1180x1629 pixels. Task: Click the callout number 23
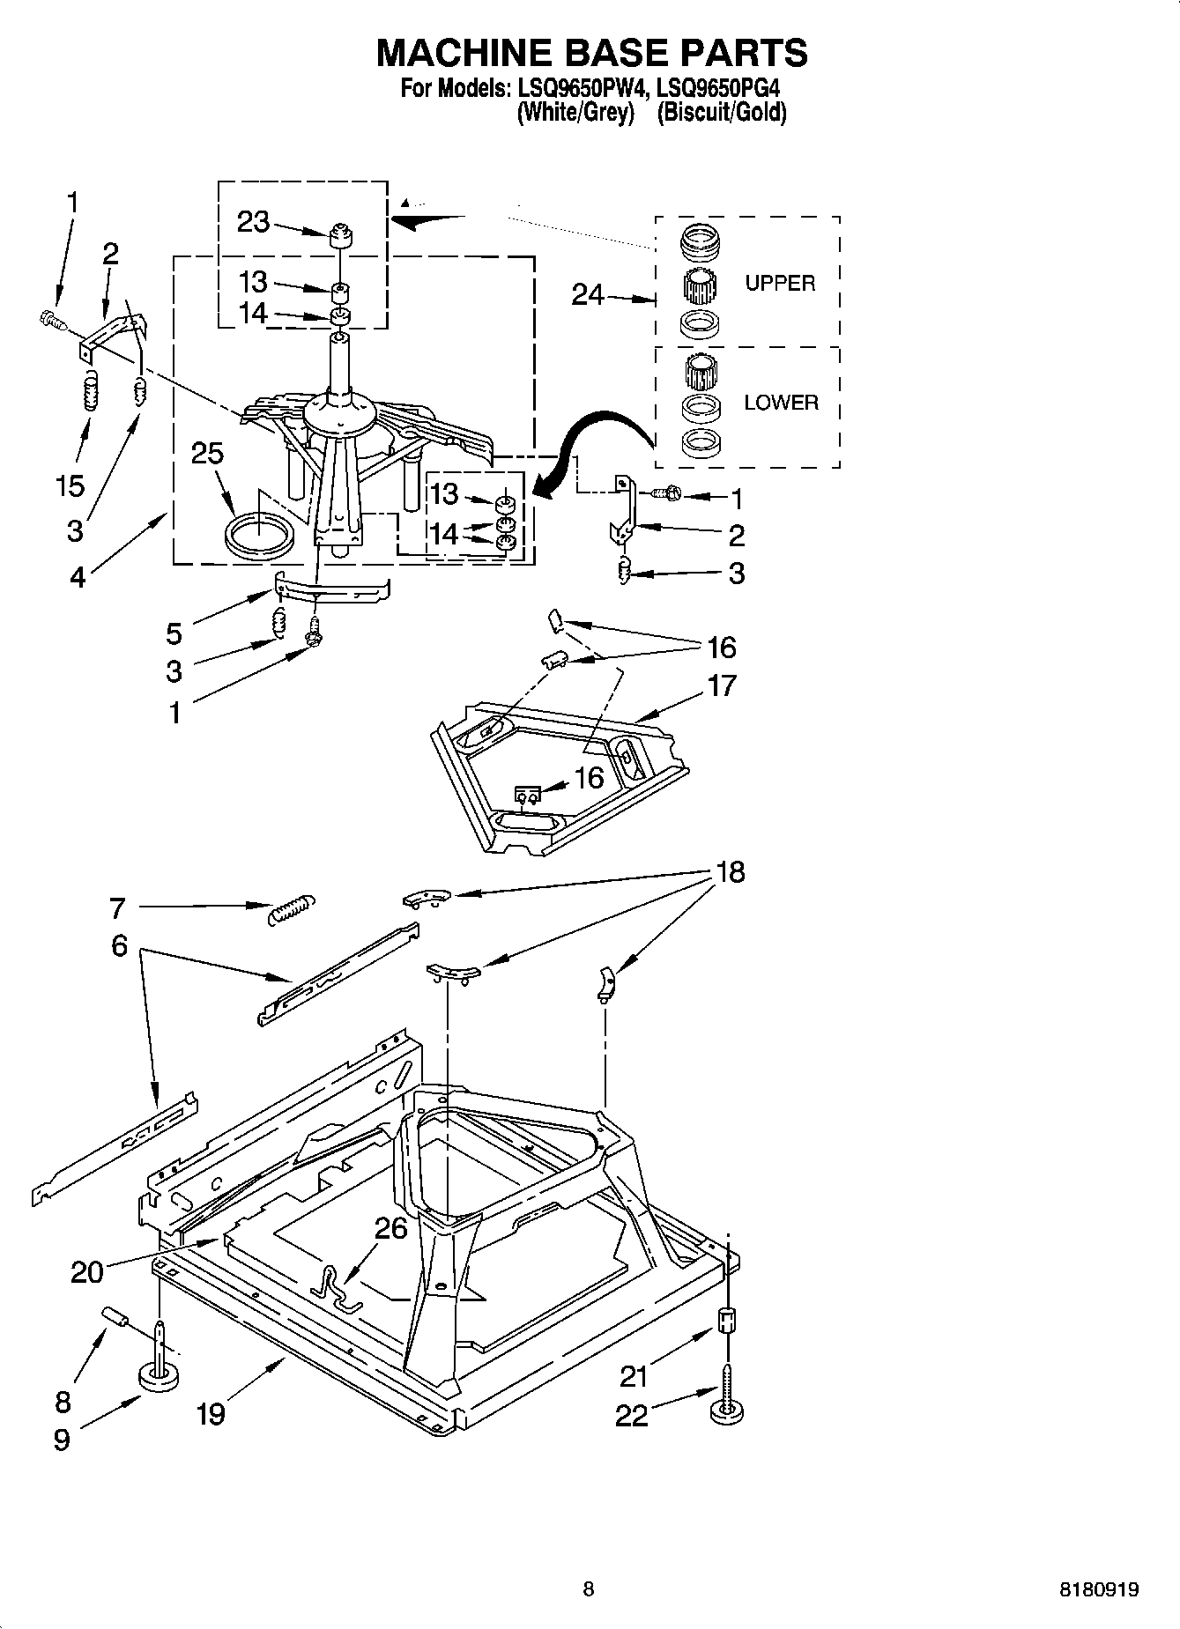(x=253, y=221)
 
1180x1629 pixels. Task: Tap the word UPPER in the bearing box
(x=780, y=283)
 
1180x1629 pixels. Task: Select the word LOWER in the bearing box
(x=781, y=403)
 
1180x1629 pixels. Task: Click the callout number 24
(x=588, y=295)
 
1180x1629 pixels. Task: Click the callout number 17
(x=721, y=685)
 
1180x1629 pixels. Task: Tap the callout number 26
(x=391, y=1227)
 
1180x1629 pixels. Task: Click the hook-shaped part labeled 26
(x=335, y=1286)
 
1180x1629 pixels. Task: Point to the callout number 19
(x=211, y=1414)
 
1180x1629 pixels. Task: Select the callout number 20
(x=87, y=1271)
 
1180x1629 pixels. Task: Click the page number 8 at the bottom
(x=589, y=1589)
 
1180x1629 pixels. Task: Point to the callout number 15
(x=70, y=485)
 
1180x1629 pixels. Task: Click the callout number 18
(x=730, y=872)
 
